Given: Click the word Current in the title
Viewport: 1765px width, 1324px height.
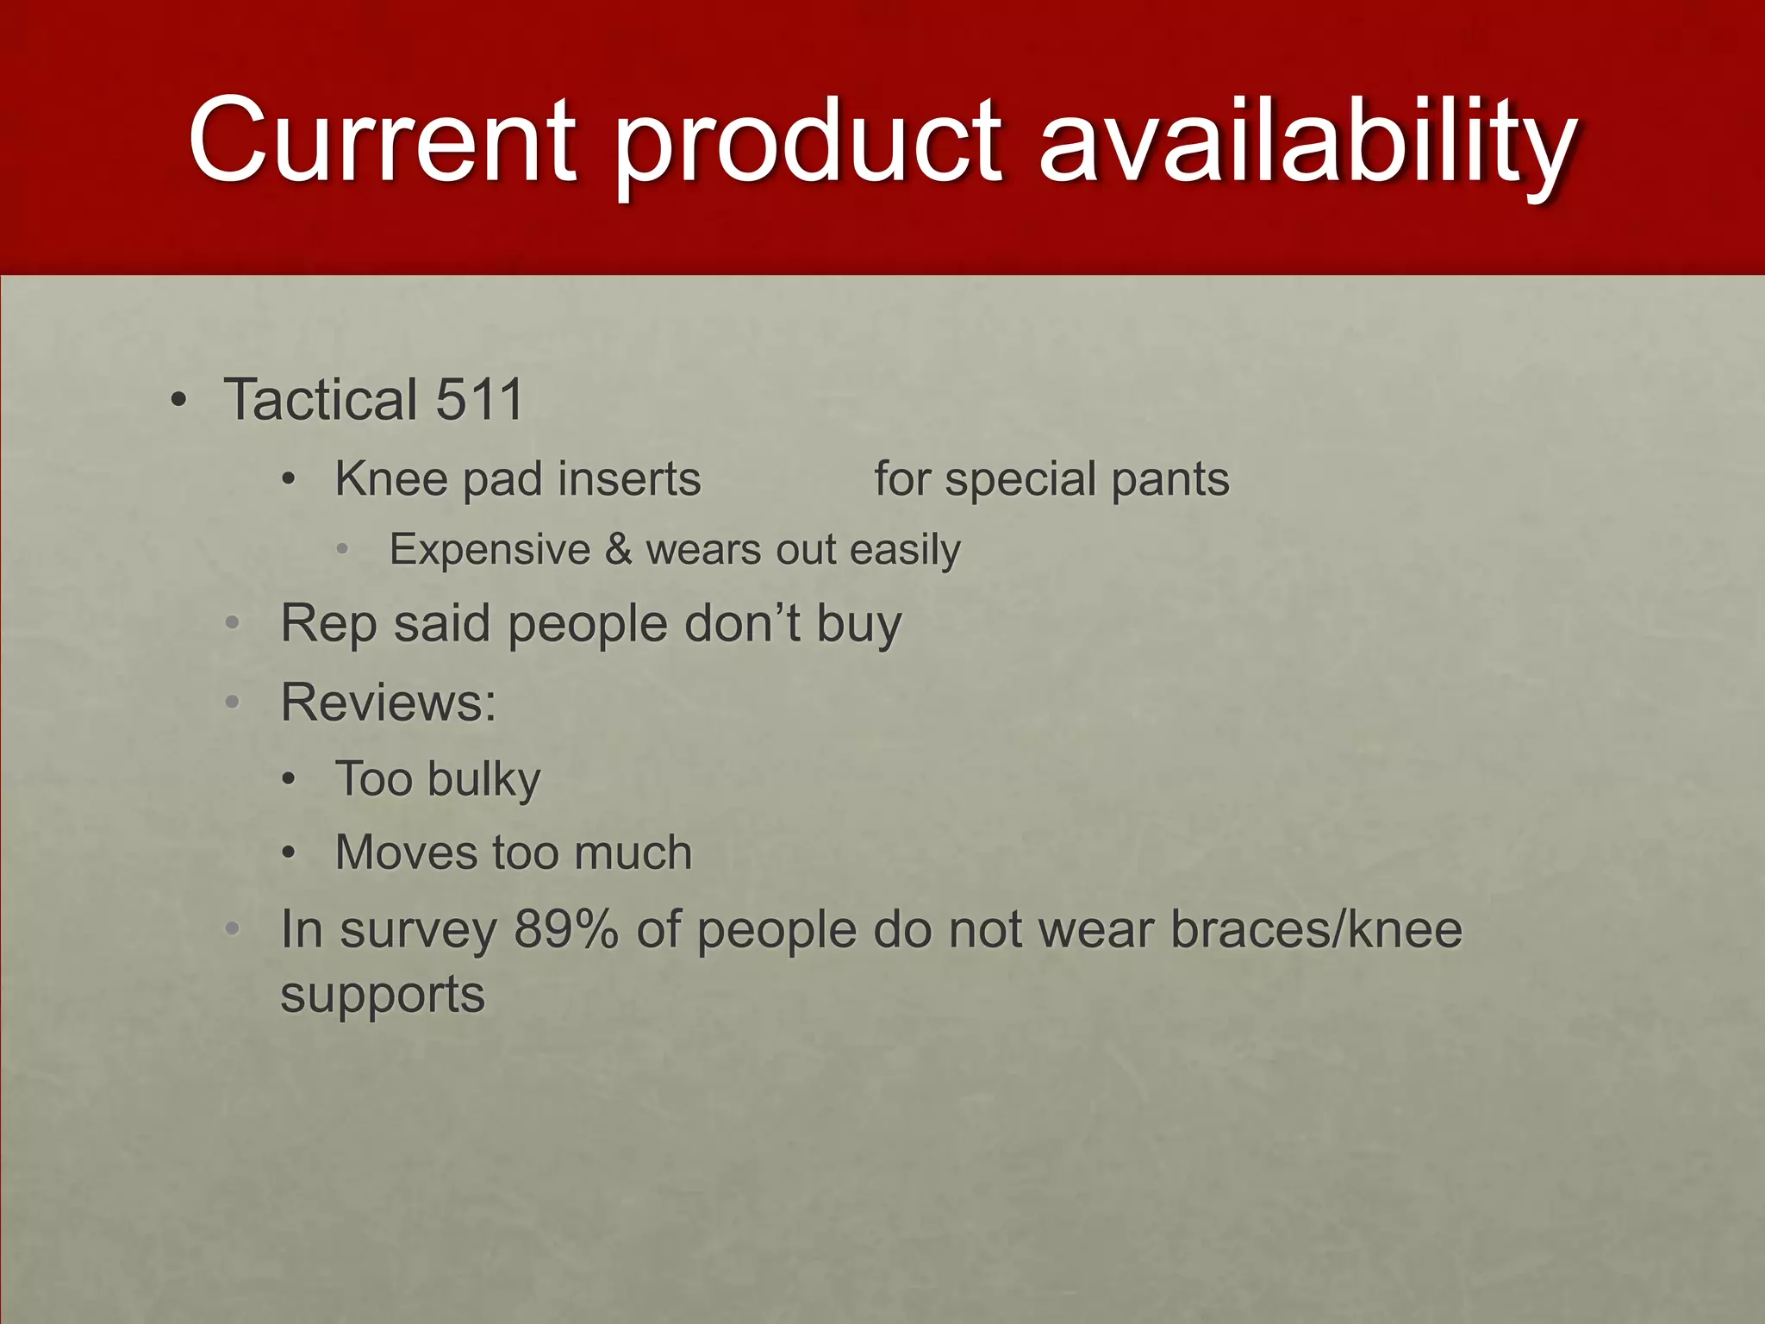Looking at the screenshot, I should (x=382, y=141).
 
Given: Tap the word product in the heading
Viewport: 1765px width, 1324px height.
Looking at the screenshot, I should (x=808, y=142).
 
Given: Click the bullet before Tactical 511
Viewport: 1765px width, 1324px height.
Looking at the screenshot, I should (x=178, y=401).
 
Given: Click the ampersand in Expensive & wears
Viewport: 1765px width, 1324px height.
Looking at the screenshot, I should (x=618, y=550).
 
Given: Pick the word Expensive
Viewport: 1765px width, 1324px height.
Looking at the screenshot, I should (x=490, y=550).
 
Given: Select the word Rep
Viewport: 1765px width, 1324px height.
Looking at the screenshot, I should (x=328, y=624).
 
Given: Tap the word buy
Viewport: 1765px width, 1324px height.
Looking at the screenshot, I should (x=858, y=624).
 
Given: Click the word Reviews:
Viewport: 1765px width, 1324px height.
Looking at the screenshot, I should (x=389, y=703).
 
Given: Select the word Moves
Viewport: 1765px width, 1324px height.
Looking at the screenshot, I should (x=405, y=853).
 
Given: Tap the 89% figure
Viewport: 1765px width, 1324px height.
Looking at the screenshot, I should (x=565, y=930).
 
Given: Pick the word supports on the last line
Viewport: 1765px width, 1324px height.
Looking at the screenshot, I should (x=383, y=994).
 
